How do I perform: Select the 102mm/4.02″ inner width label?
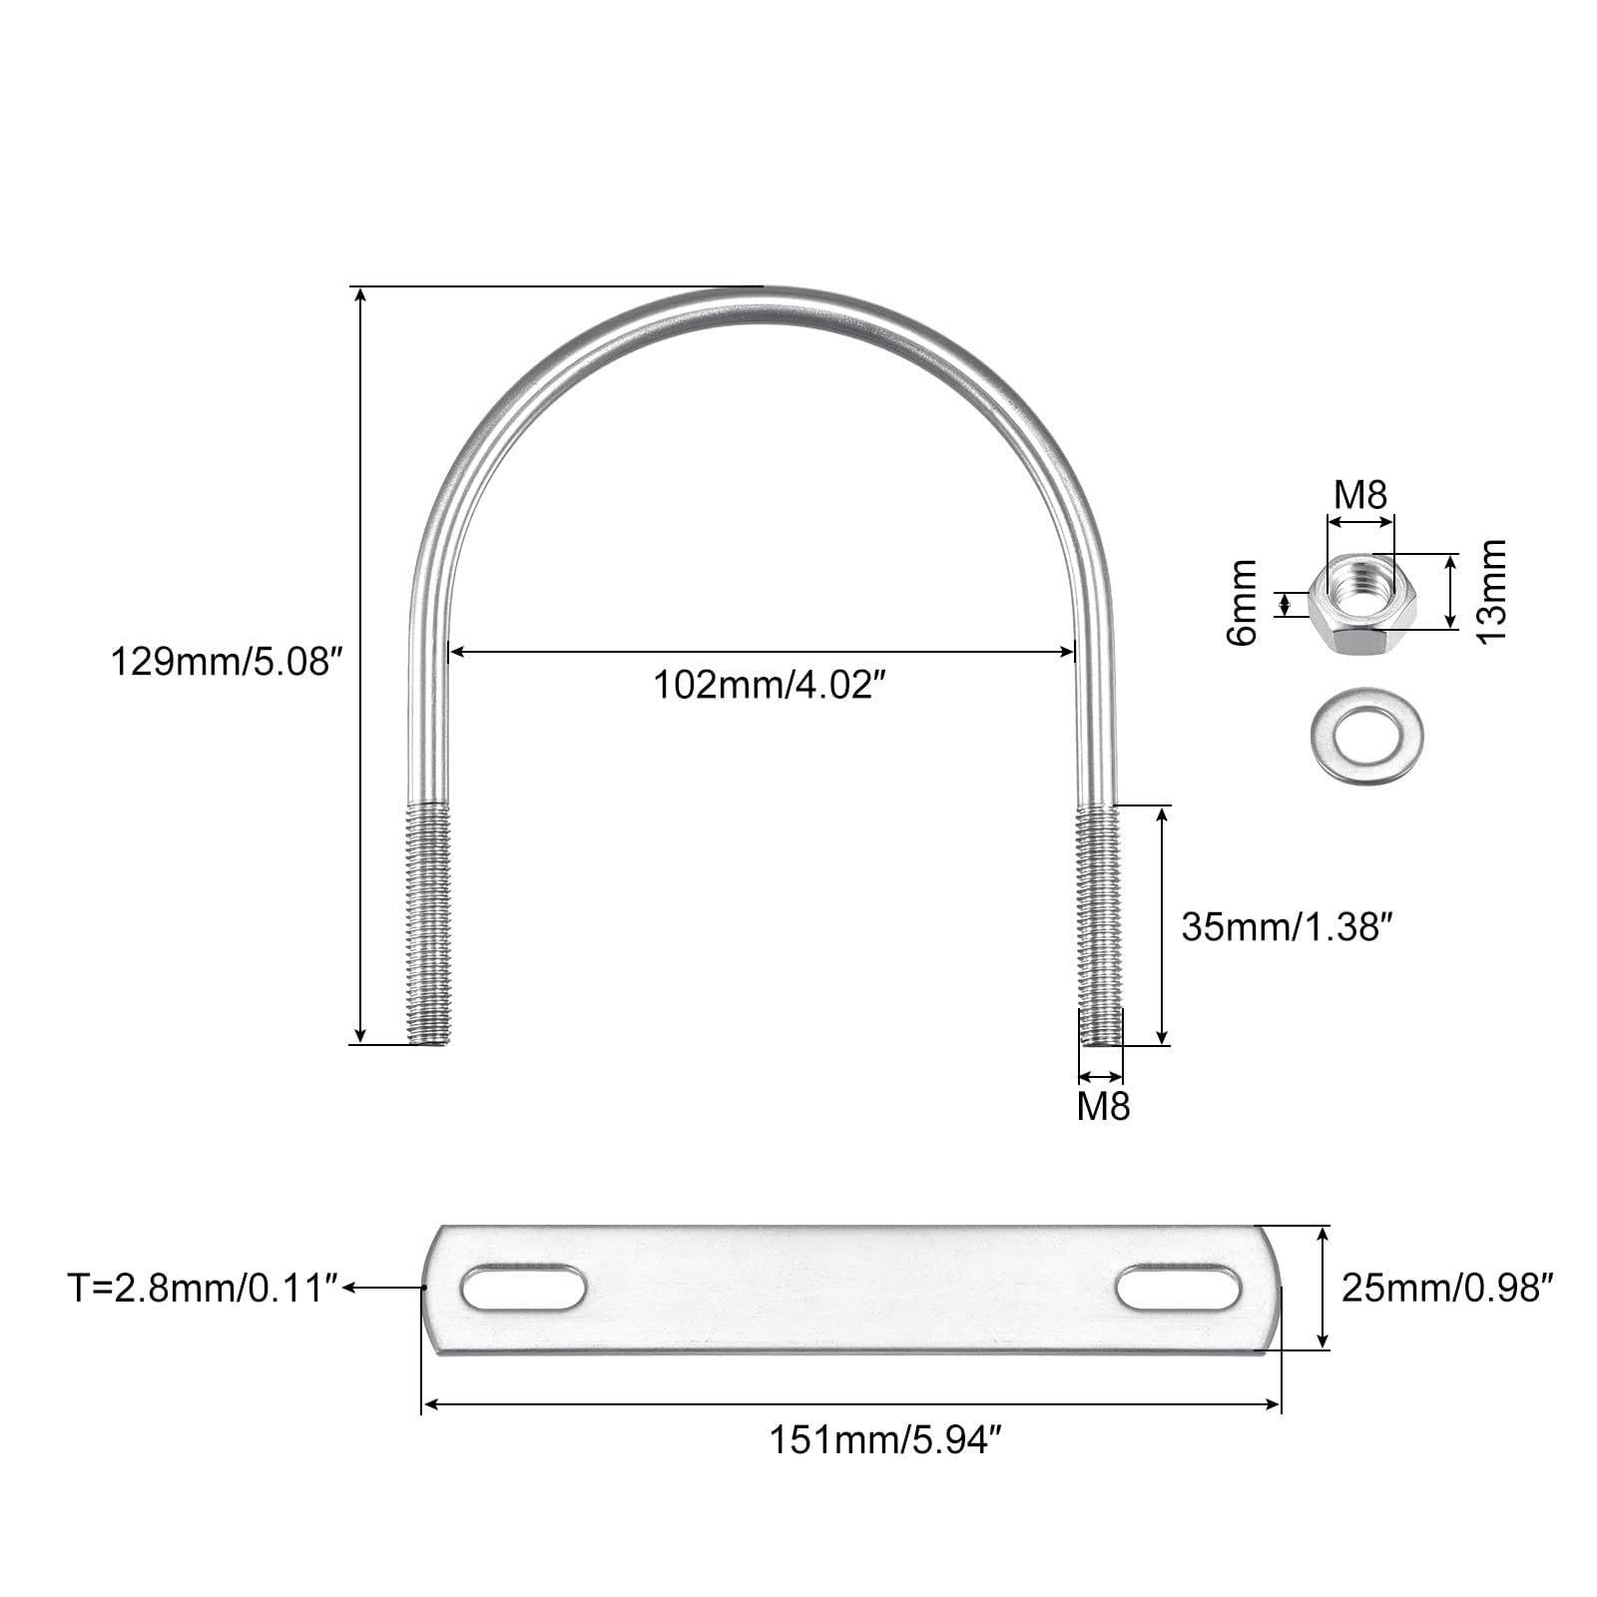point(771,687)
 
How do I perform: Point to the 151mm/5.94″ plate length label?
point(883,1440)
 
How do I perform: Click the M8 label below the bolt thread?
point(1103,1107)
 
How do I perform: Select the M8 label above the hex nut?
point(1361,494)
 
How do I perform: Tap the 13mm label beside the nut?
point(1490,591)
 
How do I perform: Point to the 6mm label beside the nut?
point(1244,602)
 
